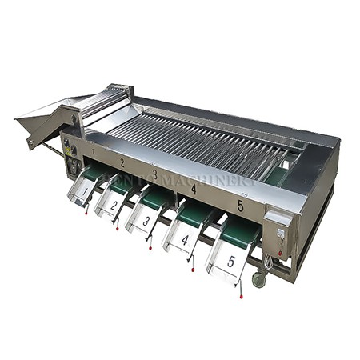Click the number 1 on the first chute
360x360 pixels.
(x=86, y=191)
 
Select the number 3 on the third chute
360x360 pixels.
(x=146, y=220)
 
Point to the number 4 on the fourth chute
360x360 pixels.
(x=185, y=239)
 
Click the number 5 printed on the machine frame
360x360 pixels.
(x=240, y=206)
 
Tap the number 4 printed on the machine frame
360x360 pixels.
(x=193, y=189)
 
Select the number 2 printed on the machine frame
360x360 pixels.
(x=122, y=162)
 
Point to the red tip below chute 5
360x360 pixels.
(x=240, y=298)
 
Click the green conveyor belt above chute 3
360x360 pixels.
(x=156, y=198)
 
